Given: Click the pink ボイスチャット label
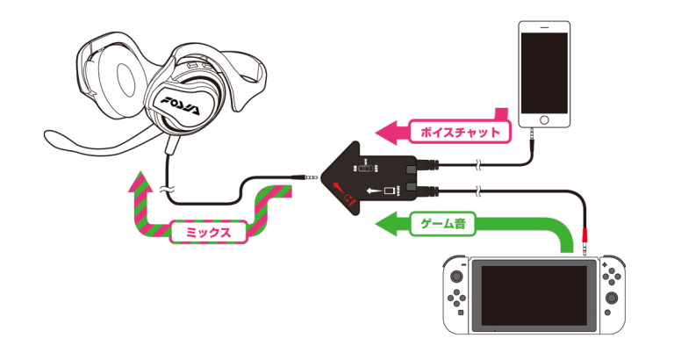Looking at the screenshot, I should (x=460, y=133).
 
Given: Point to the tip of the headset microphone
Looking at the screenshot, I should (x=47, y=136).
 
